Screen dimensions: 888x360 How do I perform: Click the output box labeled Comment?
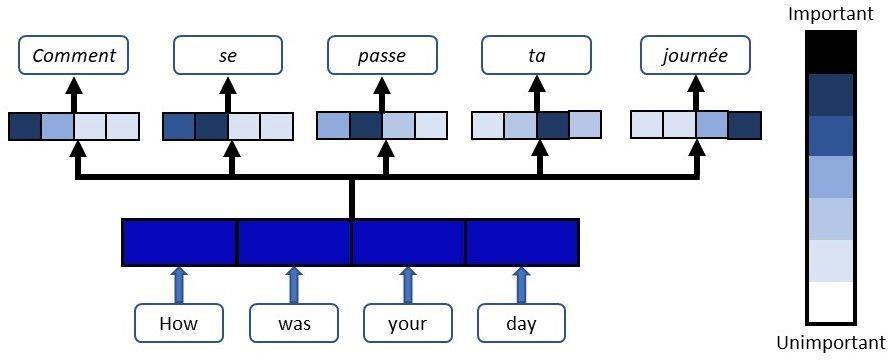coord(74,55)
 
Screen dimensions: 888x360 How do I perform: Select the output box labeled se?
coord(227,55)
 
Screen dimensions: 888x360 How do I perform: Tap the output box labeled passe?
coord(382,55)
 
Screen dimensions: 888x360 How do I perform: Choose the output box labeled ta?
coord(536,55)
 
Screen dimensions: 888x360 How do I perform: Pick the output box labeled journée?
coord(695,55)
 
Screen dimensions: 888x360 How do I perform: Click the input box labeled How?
coord(179,323)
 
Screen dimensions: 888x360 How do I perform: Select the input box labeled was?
coord(294,323)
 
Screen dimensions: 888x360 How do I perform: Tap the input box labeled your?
coord(407,323)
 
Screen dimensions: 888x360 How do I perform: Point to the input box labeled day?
coord(521,323)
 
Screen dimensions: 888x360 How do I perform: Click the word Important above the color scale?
coord(831,14)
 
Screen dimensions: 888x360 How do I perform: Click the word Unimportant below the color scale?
coord(830,342)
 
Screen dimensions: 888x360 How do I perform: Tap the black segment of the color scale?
coord(831,53)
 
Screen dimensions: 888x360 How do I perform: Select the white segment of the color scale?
coord(831,302)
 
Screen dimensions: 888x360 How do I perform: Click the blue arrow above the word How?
coord(179,285)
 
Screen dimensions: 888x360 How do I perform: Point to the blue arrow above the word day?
coord(521,285)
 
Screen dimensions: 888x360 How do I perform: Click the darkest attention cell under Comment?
coord(25,126)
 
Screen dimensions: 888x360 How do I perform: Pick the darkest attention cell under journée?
coord(744,126)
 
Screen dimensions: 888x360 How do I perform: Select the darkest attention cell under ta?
coord(553,126)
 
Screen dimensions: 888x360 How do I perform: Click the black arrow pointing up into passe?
coord(382,93)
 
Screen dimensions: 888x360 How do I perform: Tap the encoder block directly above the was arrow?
coord(294,242)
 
